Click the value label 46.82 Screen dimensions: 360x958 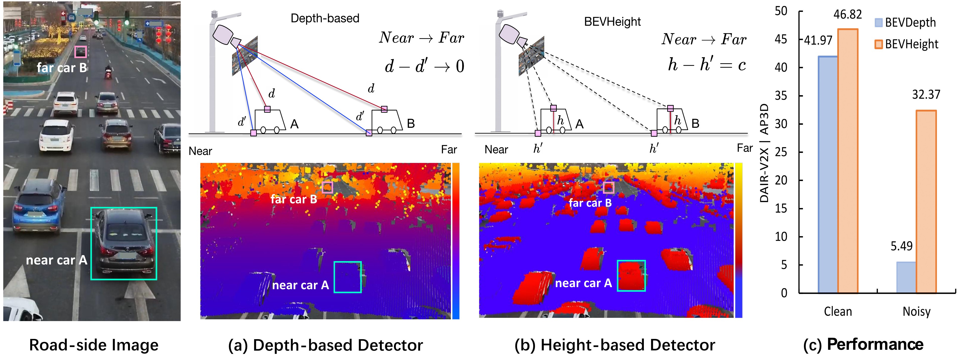pos(848,15)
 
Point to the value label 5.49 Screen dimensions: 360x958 pos(902,246)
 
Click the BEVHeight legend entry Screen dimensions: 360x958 pos(906,44)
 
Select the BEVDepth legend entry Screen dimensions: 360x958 pos(905,23)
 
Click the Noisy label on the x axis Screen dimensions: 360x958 pos(916,311)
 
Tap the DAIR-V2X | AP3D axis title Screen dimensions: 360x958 pos(764,152)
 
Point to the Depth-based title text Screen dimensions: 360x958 pos(325,18)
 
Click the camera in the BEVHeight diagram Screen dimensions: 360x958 pos(511,35)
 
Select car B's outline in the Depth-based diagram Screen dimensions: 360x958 pos(387,121)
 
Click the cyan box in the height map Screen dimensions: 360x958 pos(631,276)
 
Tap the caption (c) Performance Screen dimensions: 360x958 pos(863,345)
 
